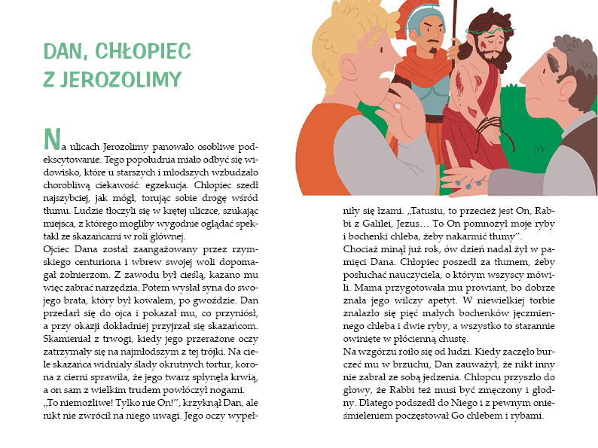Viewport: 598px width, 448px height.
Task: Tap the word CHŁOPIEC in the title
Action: (x=143, y=51)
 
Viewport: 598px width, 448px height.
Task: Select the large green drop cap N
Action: (x=51, y=139)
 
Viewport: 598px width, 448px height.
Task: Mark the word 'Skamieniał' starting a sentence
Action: (x=65, y=338)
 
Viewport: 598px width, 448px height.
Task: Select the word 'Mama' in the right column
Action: (x=356, y=286)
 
